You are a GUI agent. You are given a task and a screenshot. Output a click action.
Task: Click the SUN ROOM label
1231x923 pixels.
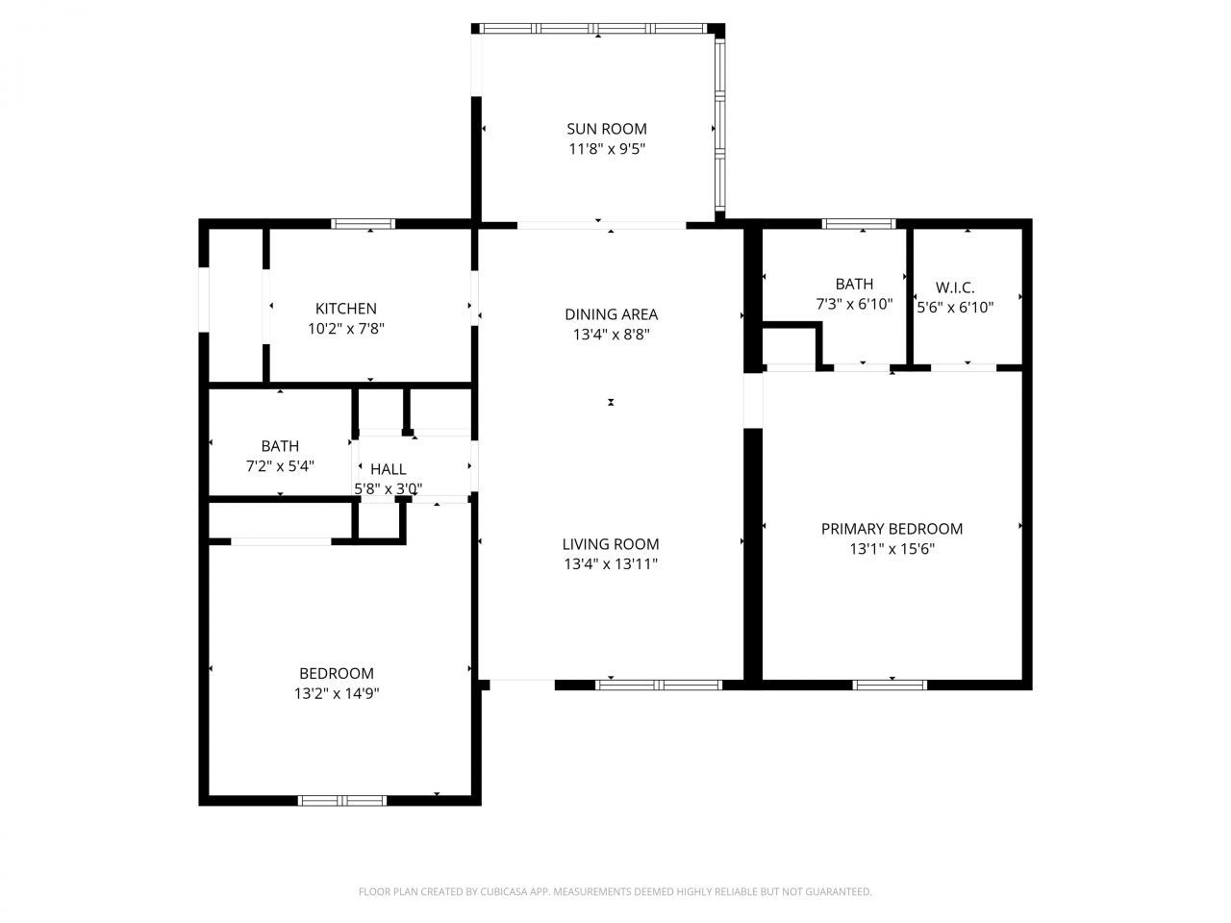(606, 129)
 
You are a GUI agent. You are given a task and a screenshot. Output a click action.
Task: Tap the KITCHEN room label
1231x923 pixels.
(346, 309)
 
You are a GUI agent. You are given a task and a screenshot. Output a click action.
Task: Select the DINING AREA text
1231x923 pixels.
(611, 314)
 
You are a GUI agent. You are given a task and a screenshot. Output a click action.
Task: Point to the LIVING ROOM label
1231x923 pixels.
(611, 544)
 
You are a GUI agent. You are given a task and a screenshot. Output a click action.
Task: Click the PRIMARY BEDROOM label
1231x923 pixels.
(892, 529)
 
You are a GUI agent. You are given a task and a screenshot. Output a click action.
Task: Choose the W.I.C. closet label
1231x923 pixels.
(955, 287)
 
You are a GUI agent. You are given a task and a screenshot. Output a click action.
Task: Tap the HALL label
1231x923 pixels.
(389, 469)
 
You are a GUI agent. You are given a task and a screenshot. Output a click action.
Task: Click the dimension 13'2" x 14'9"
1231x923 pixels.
(336, 693)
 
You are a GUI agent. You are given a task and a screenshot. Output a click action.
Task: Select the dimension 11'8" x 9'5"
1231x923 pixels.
(606, 149)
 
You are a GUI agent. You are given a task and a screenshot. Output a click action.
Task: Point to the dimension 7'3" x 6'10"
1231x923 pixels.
(854, 304)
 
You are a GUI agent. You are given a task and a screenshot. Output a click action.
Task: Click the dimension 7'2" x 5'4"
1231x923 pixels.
(280, 466)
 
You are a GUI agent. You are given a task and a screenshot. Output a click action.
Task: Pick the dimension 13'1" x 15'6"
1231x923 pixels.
(892, 549)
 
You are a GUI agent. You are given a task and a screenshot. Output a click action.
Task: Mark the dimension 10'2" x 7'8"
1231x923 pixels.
(346, 329)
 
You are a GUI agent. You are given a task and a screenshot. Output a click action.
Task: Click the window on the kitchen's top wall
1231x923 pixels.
(363, 224)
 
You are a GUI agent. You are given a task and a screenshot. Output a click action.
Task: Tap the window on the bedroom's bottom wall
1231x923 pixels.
(341, 800)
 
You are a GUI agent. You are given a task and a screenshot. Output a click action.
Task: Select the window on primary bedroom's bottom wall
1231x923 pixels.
(890, 685)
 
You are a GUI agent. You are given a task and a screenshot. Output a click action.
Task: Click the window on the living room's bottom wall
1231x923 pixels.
(659, 685)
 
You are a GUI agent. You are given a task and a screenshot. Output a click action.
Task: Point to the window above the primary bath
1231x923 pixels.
(859, 224)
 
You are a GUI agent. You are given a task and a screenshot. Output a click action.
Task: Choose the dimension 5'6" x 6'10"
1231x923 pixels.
(955, 308)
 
